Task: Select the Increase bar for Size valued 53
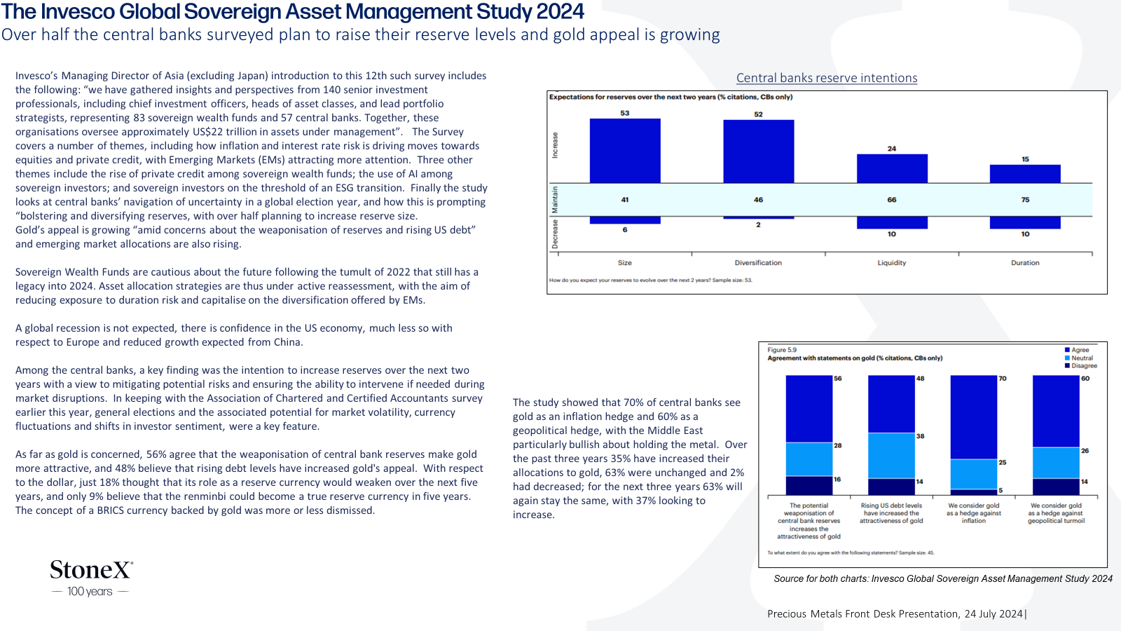(624, 151)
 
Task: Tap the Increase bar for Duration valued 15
(1025, 174)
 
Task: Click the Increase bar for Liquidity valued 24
(892, 168)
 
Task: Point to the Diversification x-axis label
(758, 262)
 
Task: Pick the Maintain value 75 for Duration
(1026, 200)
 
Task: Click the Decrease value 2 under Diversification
(758, 225)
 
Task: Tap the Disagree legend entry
(1080, 365)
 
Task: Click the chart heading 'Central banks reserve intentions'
(827, 78)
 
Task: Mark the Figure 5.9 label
(782, 350)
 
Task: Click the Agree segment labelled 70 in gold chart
(973, 417)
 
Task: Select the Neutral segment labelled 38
(891, 456)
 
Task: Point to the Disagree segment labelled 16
(809, 486)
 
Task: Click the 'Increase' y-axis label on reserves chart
(554, 145)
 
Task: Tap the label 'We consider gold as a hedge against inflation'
(973, 513)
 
